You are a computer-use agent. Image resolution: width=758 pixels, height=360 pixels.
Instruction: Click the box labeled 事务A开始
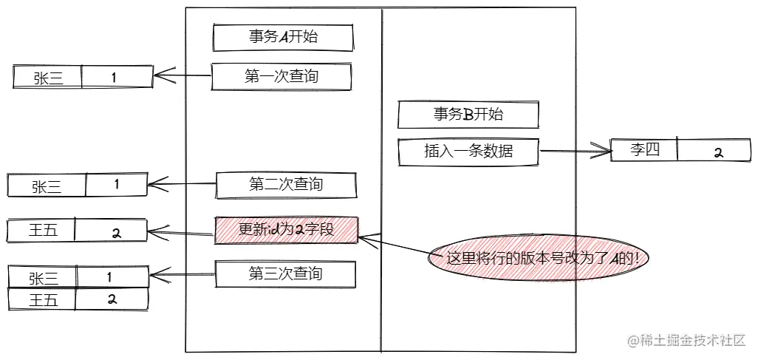click(283, 36)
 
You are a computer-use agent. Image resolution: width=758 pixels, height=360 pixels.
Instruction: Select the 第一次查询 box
click(281, 76)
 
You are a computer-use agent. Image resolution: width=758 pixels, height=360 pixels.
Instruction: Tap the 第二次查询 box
click(285, 185)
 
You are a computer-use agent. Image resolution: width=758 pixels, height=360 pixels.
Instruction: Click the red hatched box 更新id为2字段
click(286, 230)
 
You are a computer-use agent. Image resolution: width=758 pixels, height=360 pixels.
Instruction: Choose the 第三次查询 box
click(285, 274)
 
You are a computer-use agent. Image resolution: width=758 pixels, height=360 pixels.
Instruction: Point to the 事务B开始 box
click(468, 115)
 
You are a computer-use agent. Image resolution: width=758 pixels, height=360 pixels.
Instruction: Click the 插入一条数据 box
click(468, 152)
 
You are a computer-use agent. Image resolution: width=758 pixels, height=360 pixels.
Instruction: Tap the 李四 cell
click(643, 150)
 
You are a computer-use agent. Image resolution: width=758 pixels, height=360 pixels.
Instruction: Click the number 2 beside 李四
click(717, 152)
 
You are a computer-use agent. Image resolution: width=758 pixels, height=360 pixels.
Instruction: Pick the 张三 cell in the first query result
click(48, 78)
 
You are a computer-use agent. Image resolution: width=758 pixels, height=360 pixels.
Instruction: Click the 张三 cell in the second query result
click(47, 186)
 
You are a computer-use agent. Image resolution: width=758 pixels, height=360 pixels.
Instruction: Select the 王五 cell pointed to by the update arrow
click(43, 231)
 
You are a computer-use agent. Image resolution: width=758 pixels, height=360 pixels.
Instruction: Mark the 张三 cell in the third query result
click(43, 278)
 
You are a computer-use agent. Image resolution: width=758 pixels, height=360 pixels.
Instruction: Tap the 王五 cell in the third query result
click(43, 299)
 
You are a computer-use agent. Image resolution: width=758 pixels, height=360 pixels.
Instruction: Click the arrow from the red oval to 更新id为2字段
click(395, 247)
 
